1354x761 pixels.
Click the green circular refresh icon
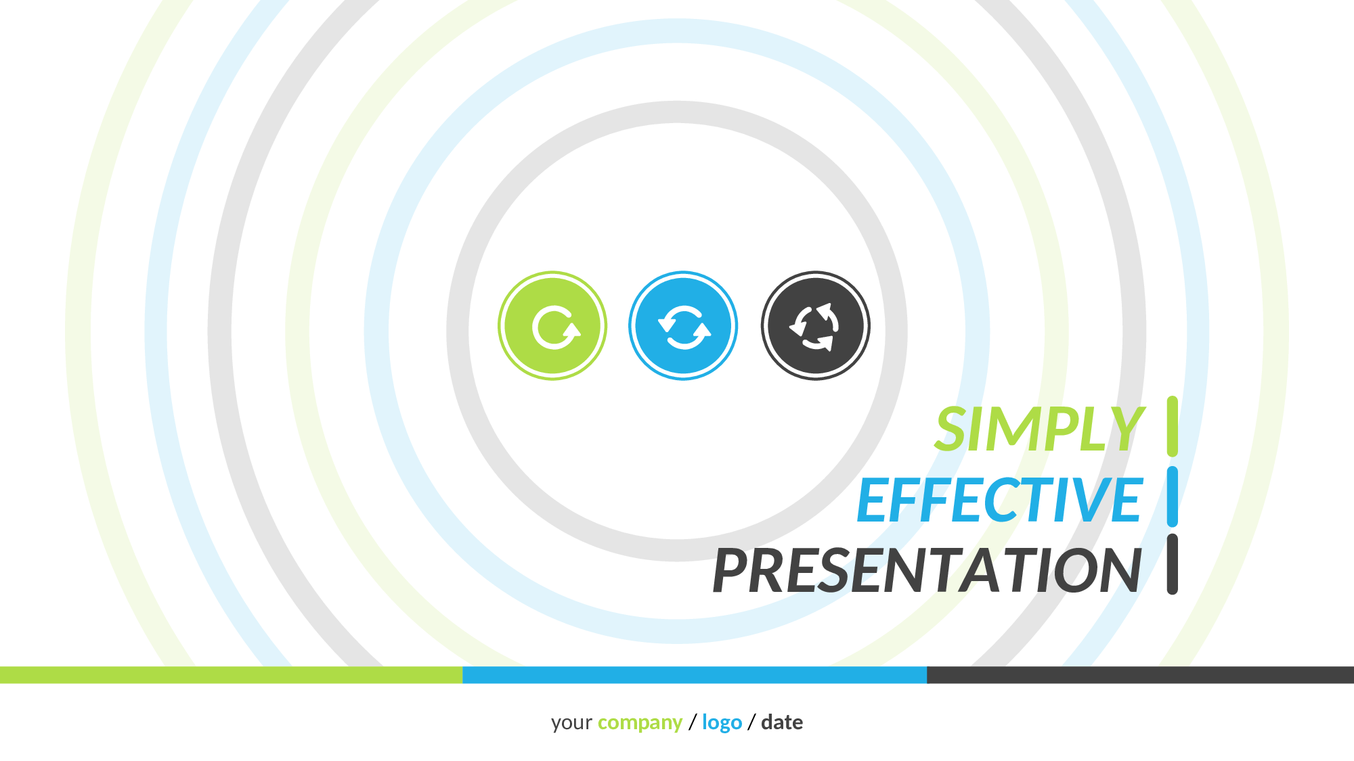coord(552,326)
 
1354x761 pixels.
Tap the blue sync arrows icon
coord(683,326)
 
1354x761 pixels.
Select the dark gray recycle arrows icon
coord(816,326)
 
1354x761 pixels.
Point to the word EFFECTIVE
coord(1000,500)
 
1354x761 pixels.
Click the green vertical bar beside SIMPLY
coord(1173,426)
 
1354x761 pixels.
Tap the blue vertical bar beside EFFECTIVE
coord(1173,497)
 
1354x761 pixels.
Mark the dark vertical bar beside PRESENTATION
coord(1173,564)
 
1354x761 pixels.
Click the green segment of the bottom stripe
coord(231,674)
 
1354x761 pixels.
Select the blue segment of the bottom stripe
coord(695,674)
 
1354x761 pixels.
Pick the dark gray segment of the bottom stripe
coord(1140,674)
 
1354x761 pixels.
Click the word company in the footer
coord(640,723)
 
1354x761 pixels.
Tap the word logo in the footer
coord(722,722)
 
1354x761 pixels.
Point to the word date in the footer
coord(782,722)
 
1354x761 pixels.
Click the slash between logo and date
coord(751,722)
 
